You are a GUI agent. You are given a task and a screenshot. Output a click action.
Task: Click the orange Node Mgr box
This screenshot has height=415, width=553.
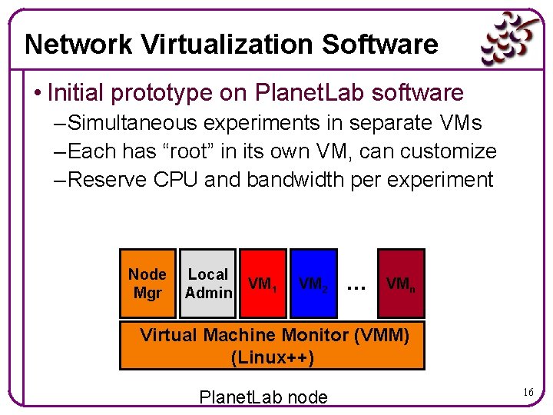[x=147, y=284]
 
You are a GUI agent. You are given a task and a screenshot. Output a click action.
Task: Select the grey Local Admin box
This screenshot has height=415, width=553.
[x=208, y=284]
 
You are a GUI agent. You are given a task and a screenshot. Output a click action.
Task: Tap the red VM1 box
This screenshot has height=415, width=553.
[x=263, y=284]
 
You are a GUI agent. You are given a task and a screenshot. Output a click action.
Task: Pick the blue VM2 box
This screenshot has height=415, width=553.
[x=313, y=284]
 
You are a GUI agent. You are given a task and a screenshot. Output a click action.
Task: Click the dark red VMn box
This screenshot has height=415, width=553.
[x=401, y=284]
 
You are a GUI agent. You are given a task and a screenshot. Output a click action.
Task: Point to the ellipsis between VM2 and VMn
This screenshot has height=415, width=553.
[x=356, y=287]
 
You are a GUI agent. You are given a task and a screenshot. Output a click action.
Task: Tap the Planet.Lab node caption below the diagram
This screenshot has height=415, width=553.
[x=263, y=397]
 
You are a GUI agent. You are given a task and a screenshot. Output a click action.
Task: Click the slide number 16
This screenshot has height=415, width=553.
[x=529, y=392]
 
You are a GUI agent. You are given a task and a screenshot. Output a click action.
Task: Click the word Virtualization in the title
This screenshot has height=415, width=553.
[x=224, y=45]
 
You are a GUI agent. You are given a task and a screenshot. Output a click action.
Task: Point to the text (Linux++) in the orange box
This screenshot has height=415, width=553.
[x=272, y=357]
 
